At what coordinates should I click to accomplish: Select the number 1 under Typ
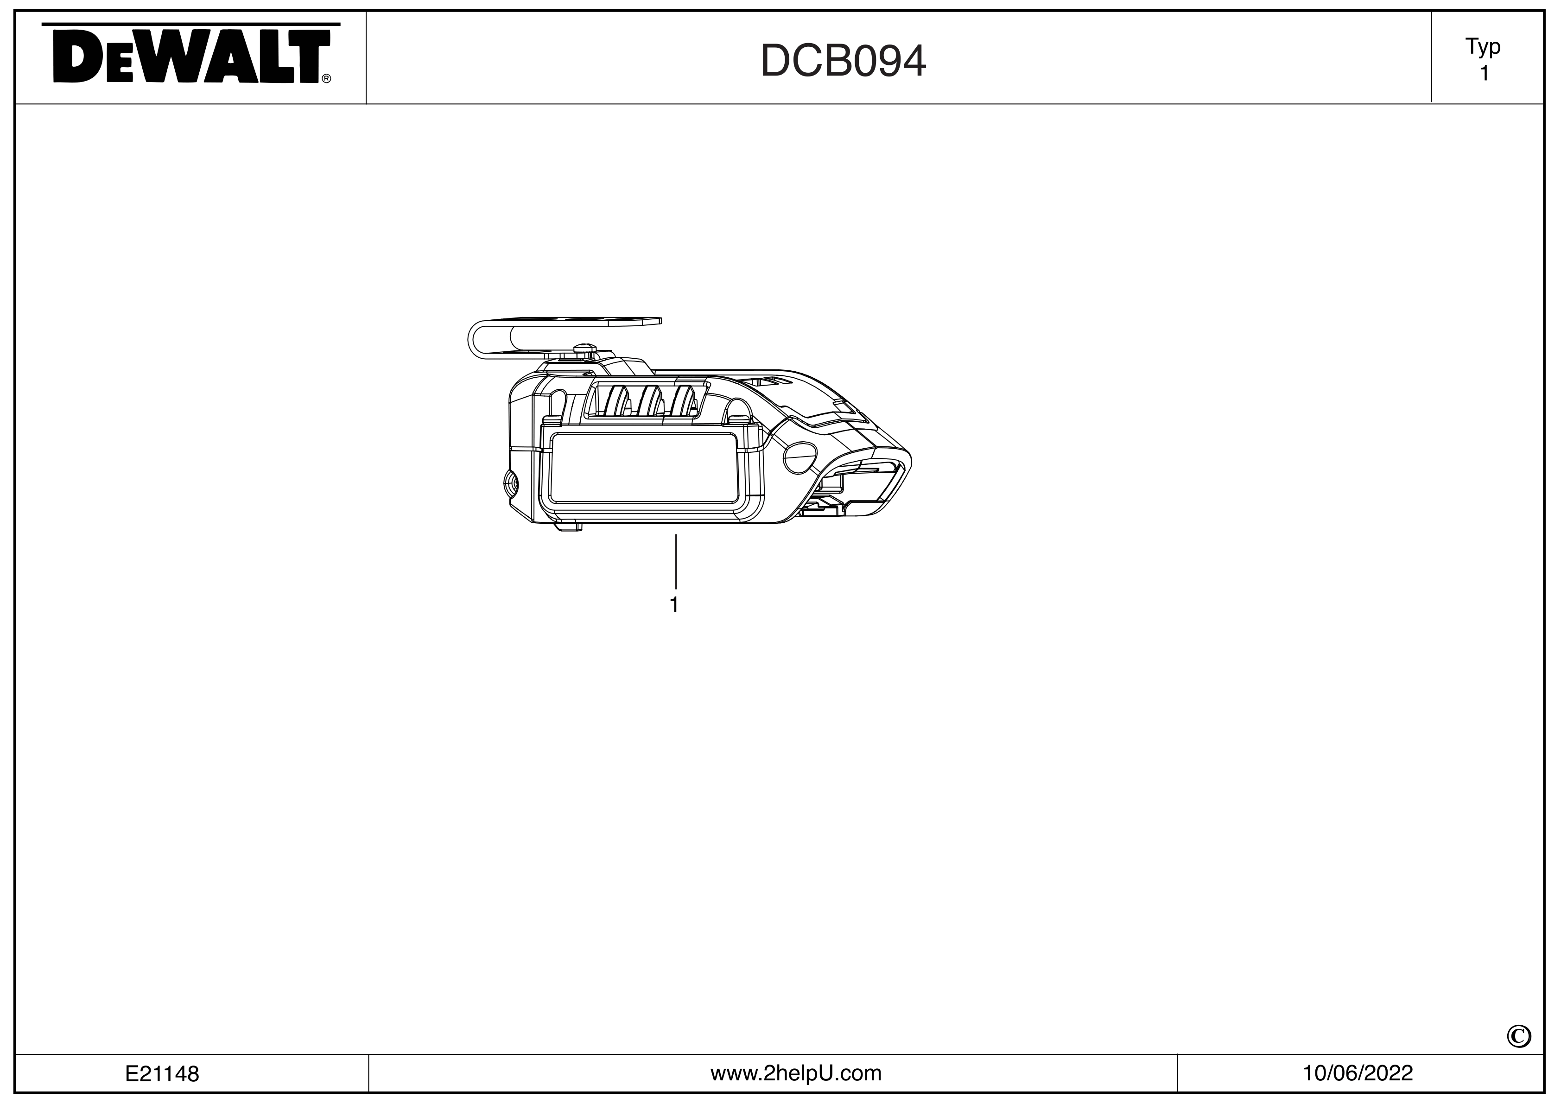click(x=1484, y=73)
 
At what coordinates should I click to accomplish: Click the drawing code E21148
click(x=162, y=1074)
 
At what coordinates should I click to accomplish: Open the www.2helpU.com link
click(x=795, y=1073)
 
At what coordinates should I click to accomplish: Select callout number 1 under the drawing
click(x=674, y=605)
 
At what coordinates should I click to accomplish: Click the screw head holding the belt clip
click(x=584, y=349)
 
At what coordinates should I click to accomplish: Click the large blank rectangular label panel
click(x=642, y=469)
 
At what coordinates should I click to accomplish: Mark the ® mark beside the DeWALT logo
click(x=326, y=79)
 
